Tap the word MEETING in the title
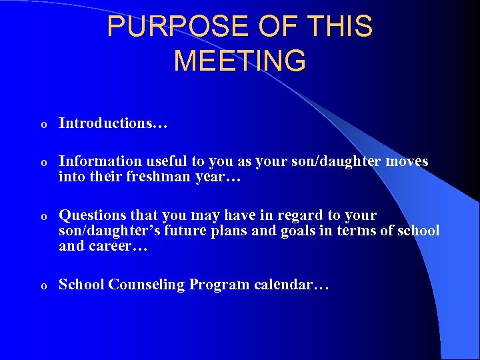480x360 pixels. (x=240, y=61)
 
